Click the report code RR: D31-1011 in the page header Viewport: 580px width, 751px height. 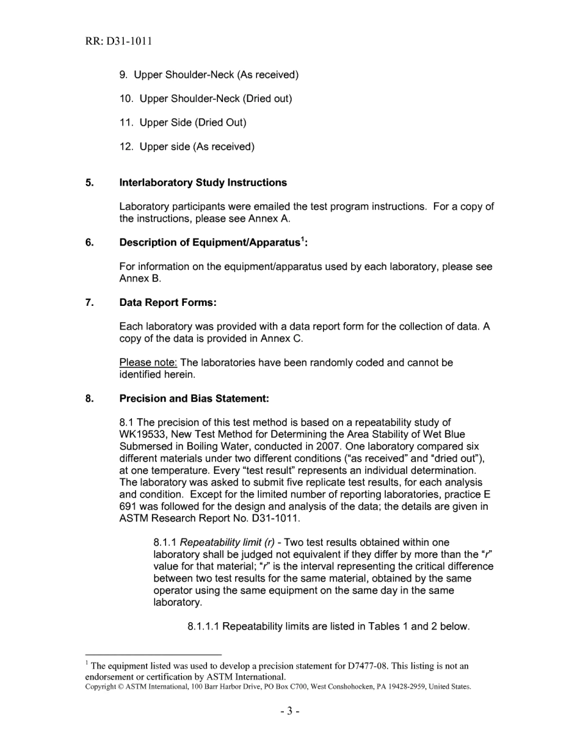pyautogui.click(x=118, y=42)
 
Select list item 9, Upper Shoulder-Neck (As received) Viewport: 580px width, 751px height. pyautogui.click(x=209, y=75)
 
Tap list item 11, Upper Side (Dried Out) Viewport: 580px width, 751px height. pyautogui.click(x=183, y=123)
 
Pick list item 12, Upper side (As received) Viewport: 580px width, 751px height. pyautogui.click(x=187, y=147)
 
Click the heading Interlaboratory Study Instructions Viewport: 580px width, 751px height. pyautogui.click(x=203, y=183)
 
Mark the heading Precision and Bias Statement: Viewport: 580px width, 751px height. pyautogui.click(x=194, y=399)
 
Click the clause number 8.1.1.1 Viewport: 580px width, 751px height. pyautogui.click(x=203, y=627)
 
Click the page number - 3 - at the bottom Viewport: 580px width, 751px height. pyautogui.click(x=290, y=712)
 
